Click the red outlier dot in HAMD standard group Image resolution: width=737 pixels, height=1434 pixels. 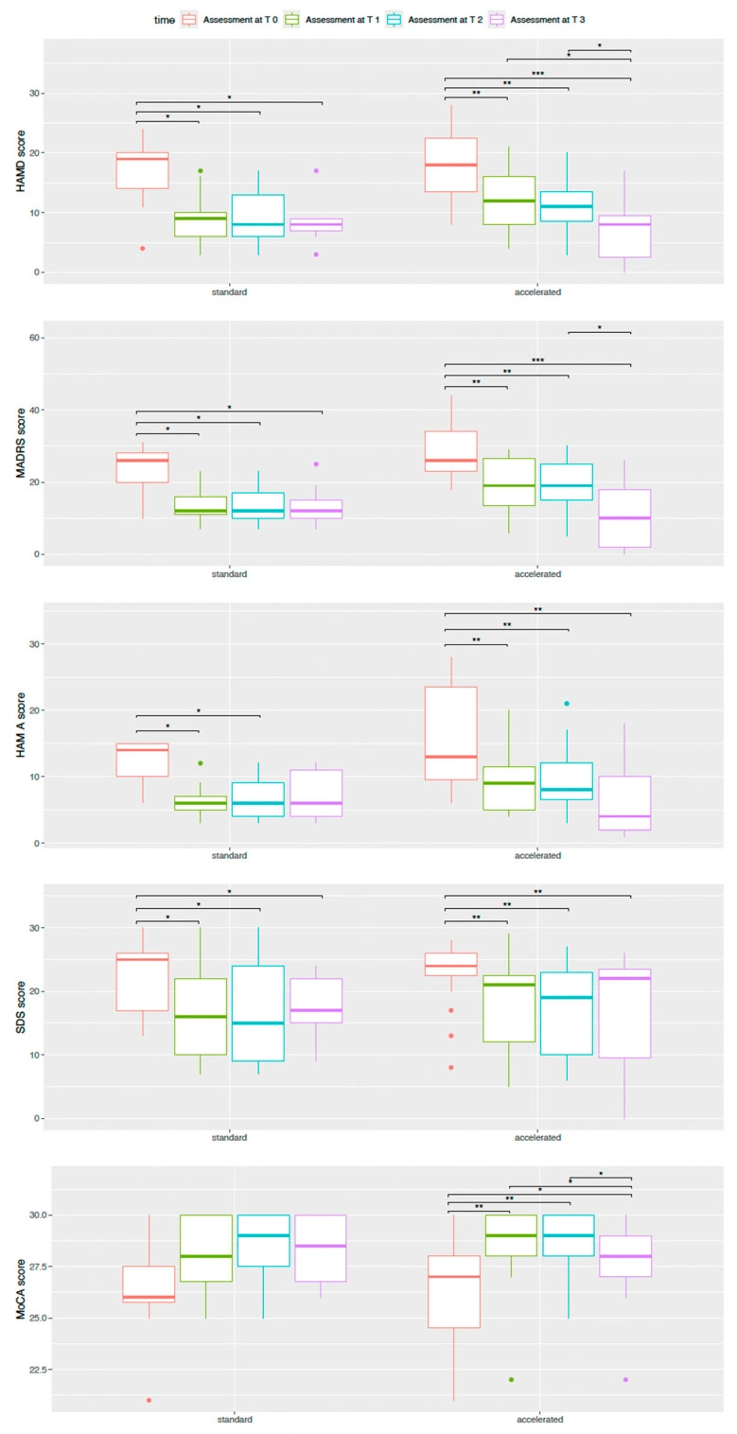coord(143,248)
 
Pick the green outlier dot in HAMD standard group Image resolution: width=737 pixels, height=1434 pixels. coord(200,170)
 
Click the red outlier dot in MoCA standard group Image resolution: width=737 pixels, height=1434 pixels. coord(149,1400)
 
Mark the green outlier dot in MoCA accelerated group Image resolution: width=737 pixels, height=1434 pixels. coord(511,1379)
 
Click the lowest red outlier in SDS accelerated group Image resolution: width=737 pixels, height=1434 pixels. coord(451,1067)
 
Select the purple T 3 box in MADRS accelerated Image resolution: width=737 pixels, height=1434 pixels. coord(624,517)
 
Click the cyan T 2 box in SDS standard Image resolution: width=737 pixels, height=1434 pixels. coord(258,1012)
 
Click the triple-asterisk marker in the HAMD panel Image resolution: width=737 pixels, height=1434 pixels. coord(537,73)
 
